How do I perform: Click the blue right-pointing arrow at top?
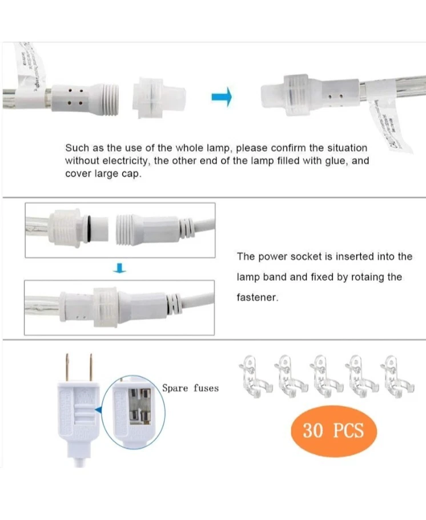221,98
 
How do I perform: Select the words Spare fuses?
190,388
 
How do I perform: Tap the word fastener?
258,298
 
